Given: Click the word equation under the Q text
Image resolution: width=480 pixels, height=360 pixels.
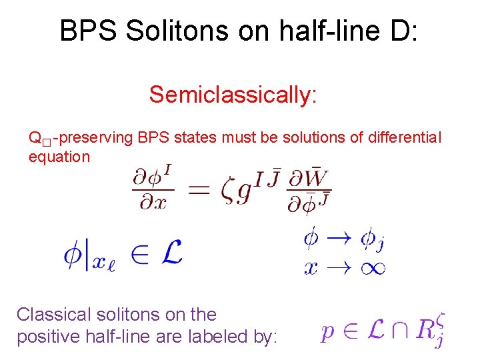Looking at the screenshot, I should coord(59,157).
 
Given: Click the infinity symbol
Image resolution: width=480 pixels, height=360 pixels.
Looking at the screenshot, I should coord(371,267).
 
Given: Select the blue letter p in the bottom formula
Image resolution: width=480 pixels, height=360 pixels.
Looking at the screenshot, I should coord(328,332).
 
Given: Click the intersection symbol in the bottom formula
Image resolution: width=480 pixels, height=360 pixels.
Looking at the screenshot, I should coord(395,331).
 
